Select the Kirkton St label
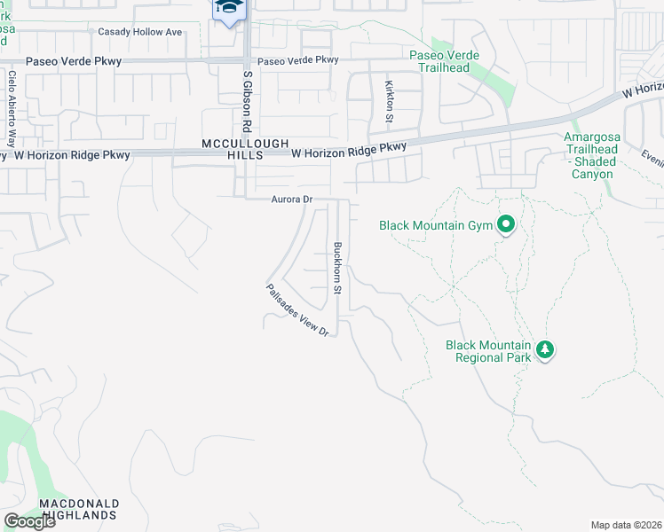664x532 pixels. point(389,100)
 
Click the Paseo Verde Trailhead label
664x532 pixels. point(444,60)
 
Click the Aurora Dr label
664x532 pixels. point(292,200)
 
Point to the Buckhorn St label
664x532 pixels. point(337,269)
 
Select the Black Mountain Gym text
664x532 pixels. point(435,225)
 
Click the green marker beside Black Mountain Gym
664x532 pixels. point(506,225)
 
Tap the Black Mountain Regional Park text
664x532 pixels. point(487,351)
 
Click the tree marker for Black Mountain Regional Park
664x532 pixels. point(545,350)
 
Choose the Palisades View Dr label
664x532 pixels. point(297,309)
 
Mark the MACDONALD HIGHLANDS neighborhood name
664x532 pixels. point(78,509)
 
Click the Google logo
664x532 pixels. point(29,521)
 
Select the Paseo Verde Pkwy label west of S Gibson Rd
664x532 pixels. point(74,61)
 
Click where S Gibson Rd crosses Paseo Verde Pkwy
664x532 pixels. point(247,60)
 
